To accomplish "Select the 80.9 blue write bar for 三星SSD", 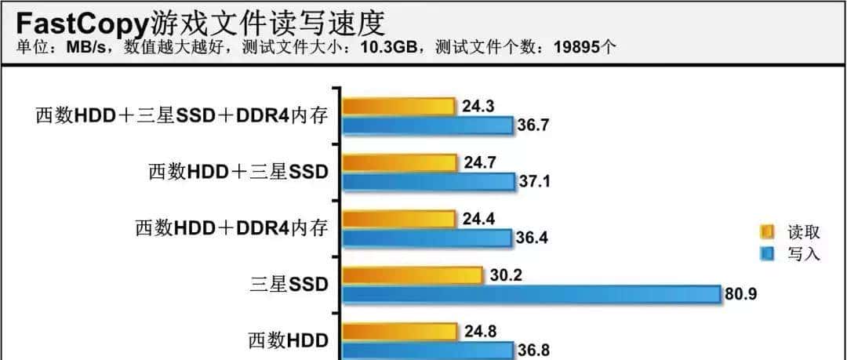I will [531, 294].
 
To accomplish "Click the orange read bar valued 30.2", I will [413, 275].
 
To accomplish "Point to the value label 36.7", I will [533, 125].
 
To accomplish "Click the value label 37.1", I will [535, 182].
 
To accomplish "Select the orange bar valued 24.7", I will [400, 162].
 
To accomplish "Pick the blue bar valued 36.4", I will [427, 238].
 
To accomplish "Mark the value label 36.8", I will [533, 351].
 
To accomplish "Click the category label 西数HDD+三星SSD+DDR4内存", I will [180, 115].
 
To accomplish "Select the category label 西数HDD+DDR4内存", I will [231, 228].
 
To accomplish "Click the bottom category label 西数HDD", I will [288, 341].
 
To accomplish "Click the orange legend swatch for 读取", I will [767, 231].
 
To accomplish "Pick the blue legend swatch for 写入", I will [767, 253].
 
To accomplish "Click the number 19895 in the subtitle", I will [574, 46].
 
